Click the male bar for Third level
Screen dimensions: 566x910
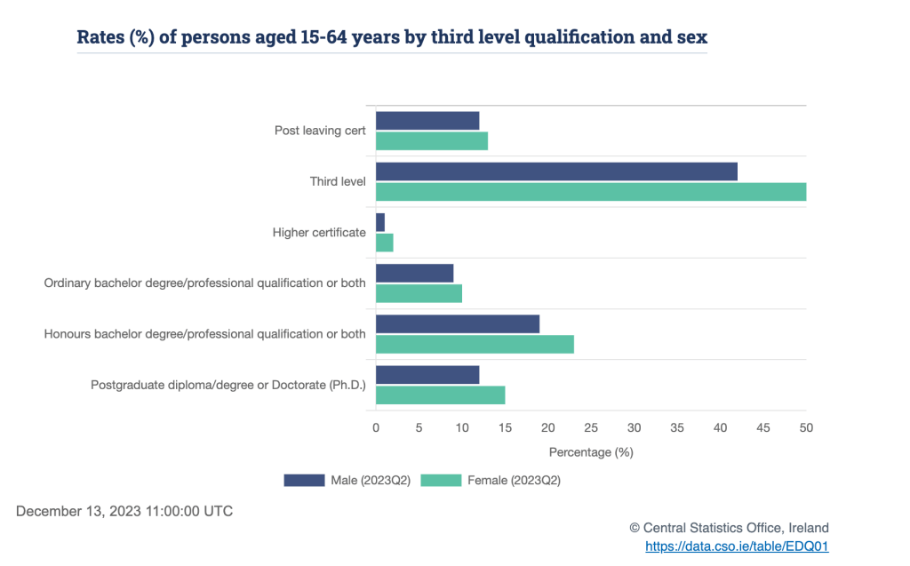(x=556, y=171)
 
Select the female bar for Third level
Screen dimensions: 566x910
(x=591, y=192)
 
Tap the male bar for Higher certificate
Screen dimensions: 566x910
(x=380, y=222)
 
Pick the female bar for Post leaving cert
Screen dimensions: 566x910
(x=432, y=141)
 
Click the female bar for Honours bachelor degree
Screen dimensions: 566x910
(x=475, y=344)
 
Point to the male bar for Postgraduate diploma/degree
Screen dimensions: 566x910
(x=427, y=375)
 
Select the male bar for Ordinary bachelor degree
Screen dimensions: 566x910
(x=415, y=273)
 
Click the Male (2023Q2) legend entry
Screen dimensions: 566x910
(x=347, y=481)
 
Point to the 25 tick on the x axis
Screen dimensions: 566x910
(x=591, y=428)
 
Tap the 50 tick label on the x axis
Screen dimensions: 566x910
(x=806, y=428)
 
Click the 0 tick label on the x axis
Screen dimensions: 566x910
(x=376, y=428)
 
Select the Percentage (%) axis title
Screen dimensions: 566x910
(x=591, y=452)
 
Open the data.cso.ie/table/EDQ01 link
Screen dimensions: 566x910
(x=737, y=546)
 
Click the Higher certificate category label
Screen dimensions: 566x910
(x=319, y=233)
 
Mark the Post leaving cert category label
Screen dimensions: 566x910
(x=320, y=131)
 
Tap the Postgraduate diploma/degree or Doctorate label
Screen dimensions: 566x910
(x=228, y=386)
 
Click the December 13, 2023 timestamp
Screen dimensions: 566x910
(x=124, y=512)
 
